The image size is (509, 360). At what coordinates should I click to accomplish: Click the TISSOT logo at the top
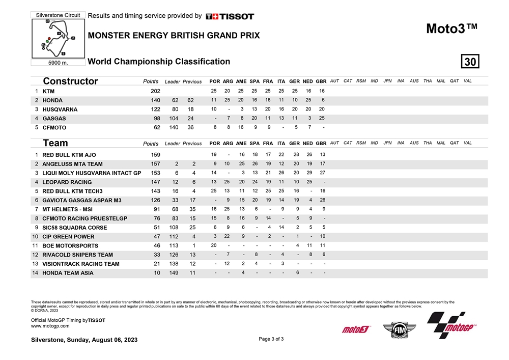[230, 16]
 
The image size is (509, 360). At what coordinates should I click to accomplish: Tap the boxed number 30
[470, 62]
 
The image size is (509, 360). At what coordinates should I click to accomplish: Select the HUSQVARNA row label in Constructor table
[60, 109]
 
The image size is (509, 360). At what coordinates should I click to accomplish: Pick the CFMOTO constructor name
[54, 128]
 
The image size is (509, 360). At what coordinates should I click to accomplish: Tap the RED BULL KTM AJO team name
[69, 155]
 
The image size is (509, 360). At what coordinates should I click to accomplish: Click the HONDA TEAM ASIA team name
[68, 273]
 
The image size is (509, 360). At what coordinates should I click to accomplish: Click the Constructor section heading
[70, 81]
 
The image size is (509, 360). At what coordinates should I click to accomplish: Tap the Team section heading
[55, 143]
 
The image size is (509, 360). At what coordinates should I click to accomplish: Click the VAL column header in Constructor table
[467, 81]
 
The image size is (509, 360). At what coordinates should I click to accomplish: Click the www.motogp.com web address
[50, 326]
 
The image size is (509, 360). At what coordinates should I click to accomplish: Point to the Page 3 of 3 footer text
[271, 339]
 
